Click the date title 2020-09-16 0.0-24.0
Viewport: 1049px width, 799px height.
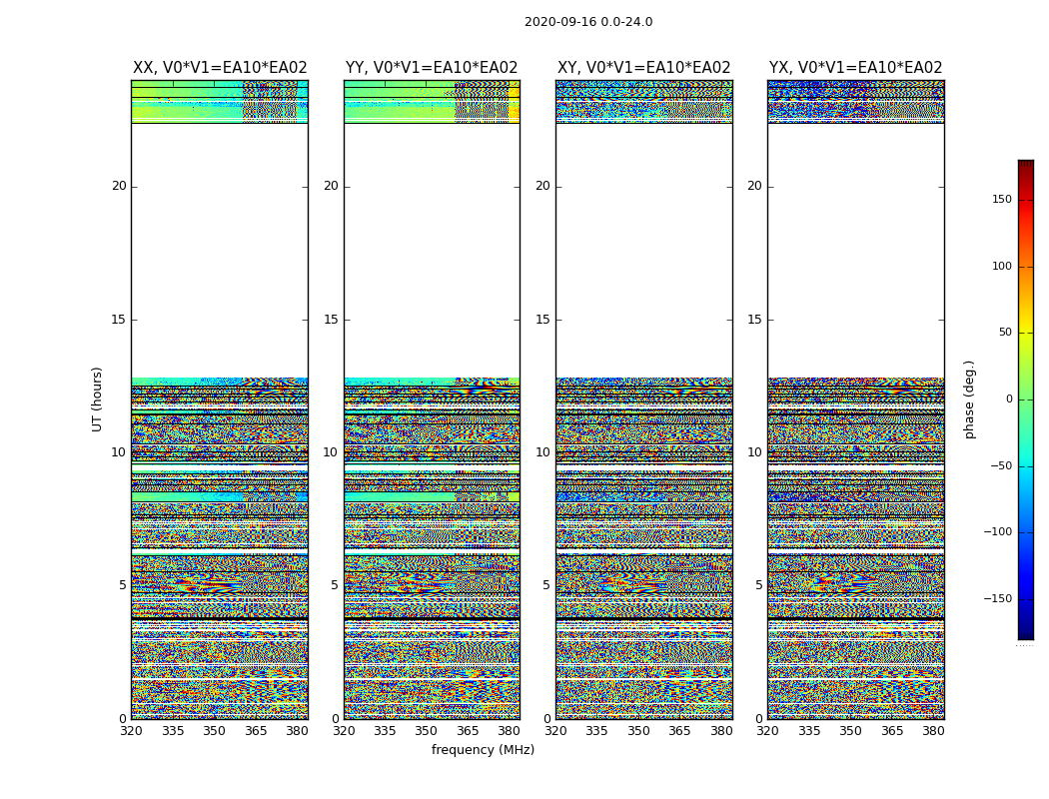click(588, 22)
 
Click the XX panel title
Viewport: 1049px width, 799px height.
click(220, 68)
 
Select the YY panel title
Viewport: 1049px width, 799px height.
click(432, 68)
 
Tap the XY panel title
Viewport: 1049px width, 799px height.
click(643, 68)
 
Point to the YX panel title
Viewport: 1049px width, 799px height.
click(855, 68)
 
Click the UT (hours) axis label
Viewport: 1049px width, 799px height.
click(98, 399)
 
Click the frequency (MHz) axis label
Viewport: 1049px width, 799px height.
click(483, 750)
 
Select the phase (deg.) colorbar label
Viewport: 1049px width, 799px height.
click(969, 399)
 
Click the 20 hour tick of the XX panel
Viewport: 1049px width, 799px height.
click(119, 186)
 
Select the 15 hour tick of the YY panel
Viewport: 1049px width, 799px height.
click(331, 320)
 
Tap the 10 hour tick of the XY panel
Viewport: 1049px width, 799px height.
click(542, 452)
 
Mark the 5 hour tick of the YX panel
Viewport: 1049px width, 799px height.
click(758, 585)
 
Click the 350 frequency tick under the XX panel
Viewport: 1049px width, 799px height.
click(214, 731)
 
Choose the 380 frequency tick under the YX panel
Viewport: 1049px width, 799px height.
click(933, 731)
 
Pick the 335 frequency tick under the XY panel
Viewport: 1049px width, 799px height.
click(596, 731)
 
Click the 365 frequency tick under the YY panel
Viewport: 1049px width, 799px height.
click(468, 731)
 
